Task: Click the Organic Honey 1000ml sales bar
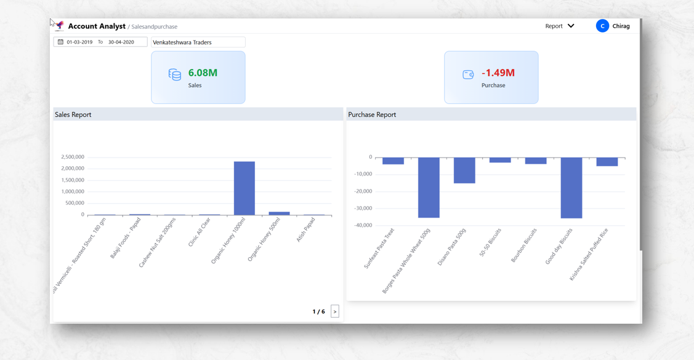tap(244, 188)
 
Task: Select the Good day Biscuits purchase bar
tap(571, 188)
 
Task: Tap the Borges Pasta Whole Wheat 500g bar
tap(429, 188)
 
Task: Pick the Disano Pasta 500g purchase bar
tap(464, 170)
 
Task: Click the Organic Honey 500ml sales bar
tap(280, 214)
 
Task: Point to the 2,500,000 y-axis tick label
tap(73, 157)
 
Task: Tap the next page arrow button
tap(335, 311)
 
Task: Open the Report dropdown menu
tap(559, 26)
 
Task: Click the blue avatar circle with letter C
tap(602, 26)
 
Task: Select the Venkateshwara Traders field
tap(198, 42)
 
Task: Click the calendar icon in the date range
tap(60, 42)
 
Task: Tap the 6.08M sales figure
tap(203, 73)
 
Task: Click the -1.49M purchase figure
tap(498, 73)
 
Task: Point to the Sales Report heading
tap(73, 114)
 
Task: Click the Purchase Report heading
tap(372, 114)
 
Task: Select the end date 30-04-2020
tap(121, 42)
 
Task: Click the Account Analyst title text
tap(97, 26)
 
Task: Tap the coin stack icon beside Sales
tap(175, 74)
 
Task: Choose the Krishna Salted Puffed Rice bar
tap(607, 162)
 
